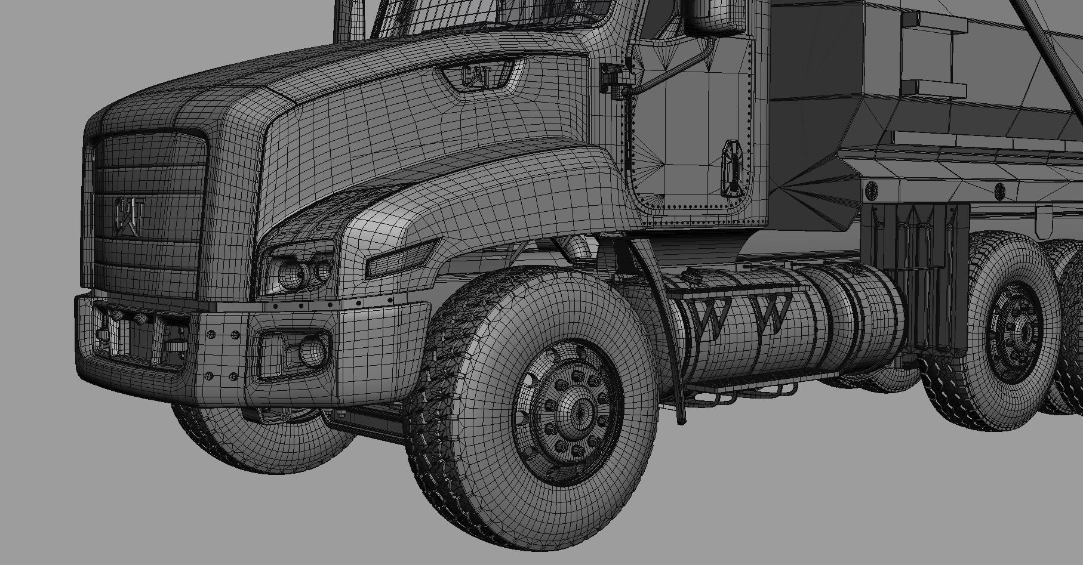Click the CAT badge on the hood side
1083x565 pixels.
(477, 76)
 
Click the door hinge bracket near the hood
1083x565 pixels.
(611, 78)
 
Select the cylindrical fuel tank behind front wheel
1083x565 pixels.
(776, 334)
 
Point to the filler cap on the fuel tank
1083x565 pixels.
(693, 275)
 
